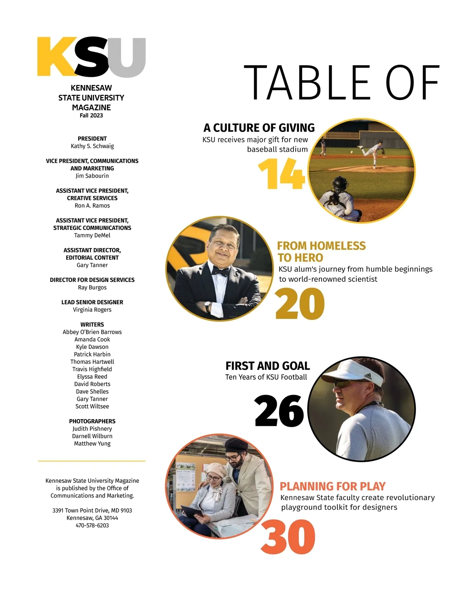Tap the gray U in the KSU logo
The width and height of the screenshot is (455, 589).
click(127, 57)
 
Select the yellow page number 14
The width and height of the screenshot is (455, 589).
click(281, 174)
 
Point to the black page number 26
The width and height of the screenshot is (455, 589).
click(279, 411)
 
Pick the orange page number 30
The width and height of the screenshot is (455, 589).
click(288, 537)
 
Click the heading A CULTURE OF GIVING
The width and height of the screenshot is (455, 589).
click(259, 128)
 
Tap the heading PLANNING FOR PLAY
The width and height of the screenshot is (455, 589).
click(333, 486)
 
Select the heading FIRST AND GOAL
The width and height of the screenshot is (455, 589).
click(267, 366)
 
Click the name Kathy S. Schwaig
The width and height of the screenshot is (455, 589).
click(92, 146)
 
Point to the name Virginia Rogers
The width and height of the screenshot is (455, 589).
click(92, 309)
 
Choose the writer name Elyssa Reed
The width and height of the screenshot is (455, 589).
click(92, 377)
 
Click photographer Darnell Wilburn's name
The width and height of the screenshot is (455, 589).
click(92, 436)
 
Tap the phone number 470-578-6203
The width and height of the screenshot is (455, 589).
click(92, 525)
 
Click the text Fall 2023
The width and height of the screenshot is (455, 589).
click(91, 115)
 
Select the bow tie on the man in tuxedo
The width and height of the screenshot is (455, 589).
click(220, 271)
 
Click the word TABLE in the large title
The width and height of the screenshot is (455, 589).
click(306, 82)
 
